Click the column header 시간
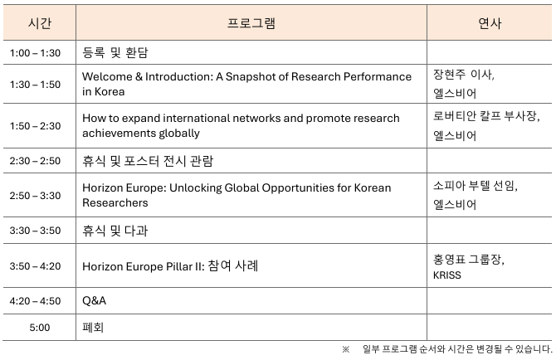(x=40, y=23)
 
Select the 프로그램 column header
(x=251, y=23)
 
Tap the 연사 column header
(x=490, y=23)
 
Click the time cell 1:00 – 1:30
(x=35, y=53)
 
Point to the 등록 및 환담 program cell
(x=115, y=53)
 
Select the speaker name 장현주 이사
(x=463, y=75)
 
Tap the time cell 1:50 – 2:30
(x=35, y=126)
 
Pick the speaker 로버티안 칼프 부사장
(x=485, y=116)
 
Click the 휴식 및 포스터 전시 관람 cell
(x=148, y=161)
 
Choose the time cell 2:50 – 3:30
(x=35, y=196)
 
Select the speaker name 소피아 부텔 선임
(x=475, y=186)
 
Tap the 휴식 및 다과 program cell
(x=115, y=231)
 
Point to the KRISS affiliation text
(x=446, y=275)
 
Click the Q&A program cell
(x=94, y=301)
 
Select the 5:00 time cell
(x=40, y=328)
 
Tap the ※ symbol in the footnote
(x=346, y=350)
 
